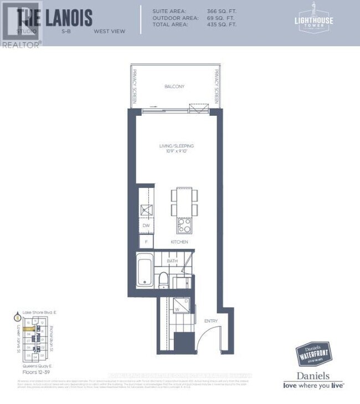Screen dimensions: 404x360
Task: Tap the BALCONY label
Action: pos(174,87)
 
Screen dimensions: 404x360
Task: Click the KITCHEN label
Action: pos(179,242)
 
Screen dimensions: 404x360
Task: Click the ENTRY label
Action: pos(210,321)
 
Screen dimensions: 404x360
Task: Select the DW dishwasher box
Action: pos(146,226)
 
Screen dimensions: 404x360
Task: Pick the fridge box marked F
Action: pos(146,242)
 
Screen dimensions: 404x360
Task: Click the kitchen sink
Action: pos(146,209)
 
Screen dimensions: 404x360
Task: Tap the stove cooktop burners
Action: pos(184,225)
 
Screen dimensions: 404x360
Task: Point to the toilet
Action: pos(163,280)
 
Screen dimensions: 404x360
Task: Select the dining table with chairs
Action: pos(183,202)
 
